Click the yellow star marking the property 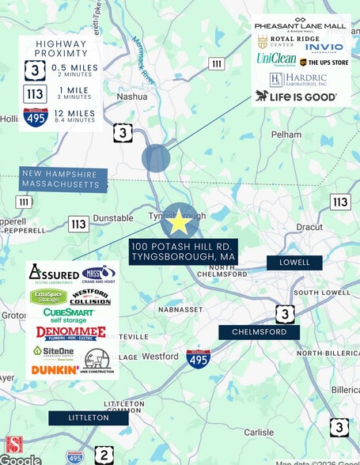pyautogui.click(x=180, y=222)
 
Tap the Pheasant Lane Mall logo pyautogui.click(x=301, y=26)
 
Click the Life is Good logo pyautogui.click(x=296, y=96)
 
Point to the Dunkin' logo pyautogui.click(x=54, y=369)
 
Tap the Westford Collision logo pyautogui.click(x=90, y=297)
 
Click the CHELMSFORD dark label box pyautogui.click(x=260, y=333)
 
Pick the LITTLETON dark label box pyautogui.click(x=88, y=418)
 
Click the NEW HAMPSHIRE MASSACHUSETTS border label pyautogui.click(x=64, y=180)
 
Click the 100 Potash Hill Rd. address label pyautogui.click(x=184, y=251)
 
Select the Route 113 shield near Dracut pyautogui.click(x=339, y=202)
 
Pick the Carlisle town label pyautogui.click(x=259, y=432)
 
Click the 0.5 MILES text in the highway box pyautogui.click(x=74, y=68)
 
